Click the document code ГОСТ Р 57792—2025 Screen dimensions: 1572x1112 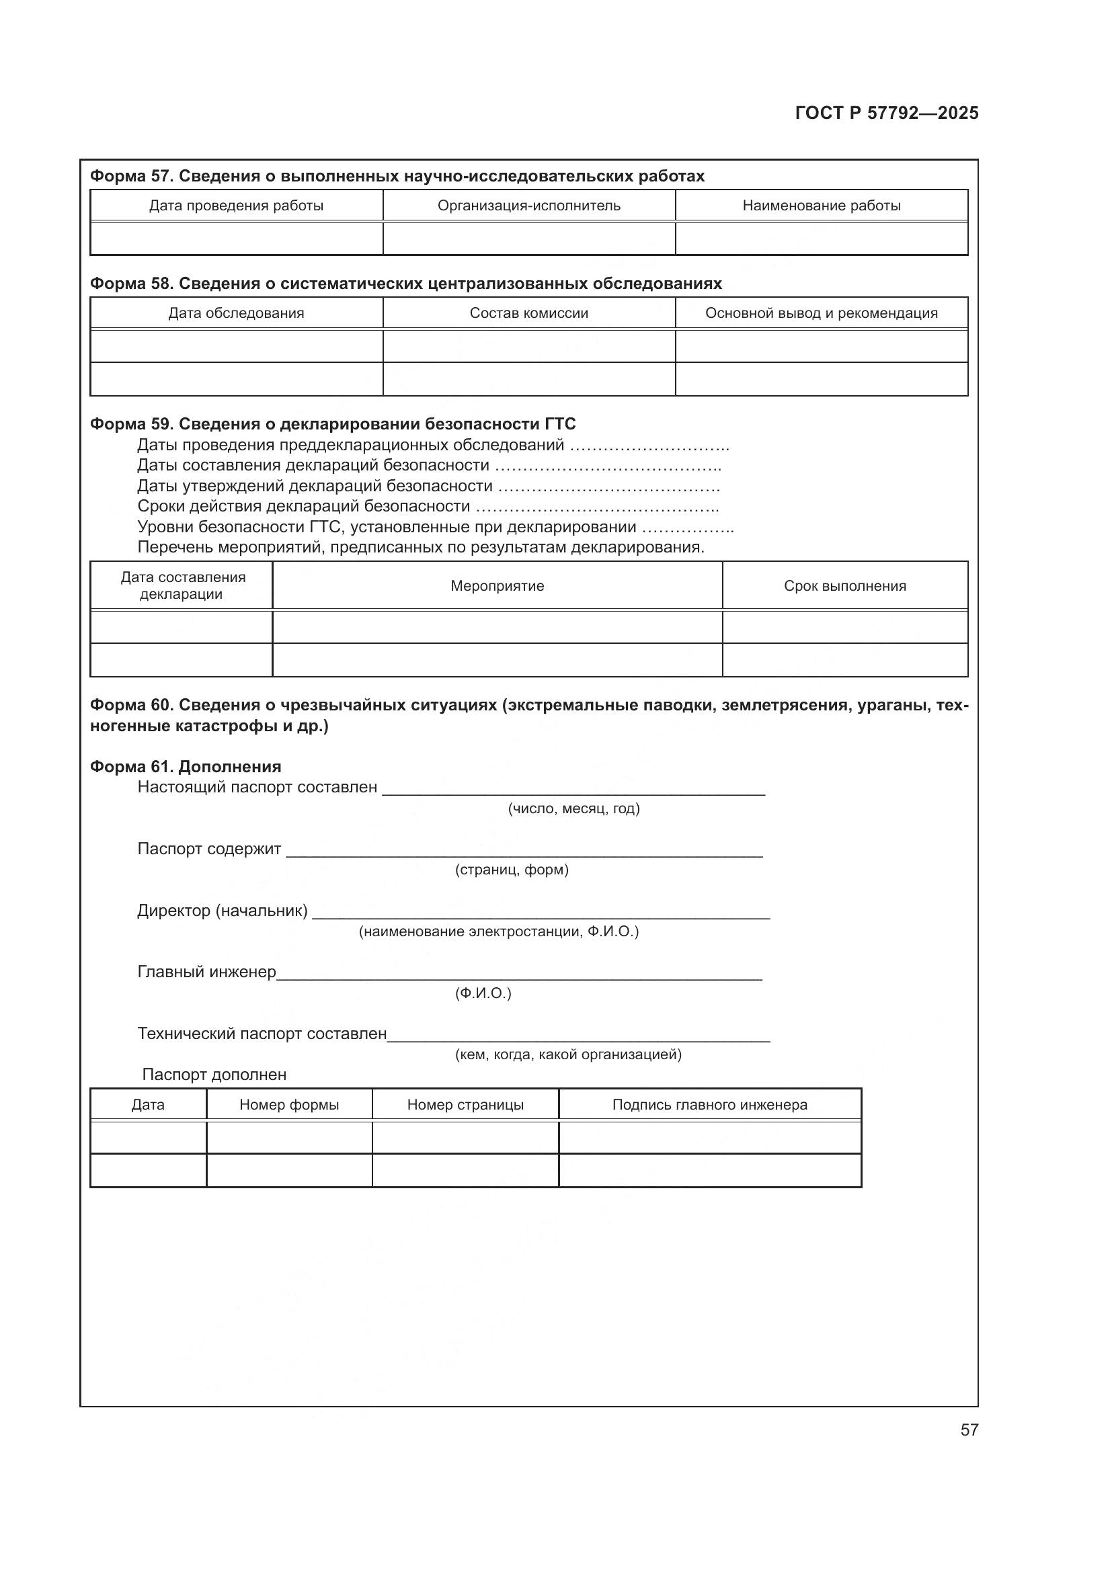pyautogui.click(x=887, y=114)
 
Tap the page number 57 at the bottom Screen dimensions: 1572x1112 pyautogui.click(x=969, y=1430)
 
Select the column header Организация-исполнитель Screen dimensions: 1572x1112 pyautogui.click(x=528, y=206)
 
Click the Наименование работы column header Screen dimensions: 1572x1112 pyautogui.click(x=821, y=206)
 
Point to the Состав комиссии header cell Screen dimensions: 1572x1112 pyautogui.click(x=528, y=313)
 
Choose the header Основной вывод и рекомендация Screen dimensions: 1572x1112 pyautogui.click(x=821, y=313)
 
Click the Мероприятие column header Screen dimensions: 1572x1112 pyautogui.click(x=497, y=586)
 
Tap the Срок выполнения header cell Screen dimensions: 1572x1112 pyautogui.click(x=845, y=586)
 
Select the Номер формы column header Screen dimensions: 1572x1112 pyautogui.click(x=289, y=1104)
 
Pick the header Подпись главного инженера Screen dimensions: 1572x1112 pyautogui.click(x=709, y=1104)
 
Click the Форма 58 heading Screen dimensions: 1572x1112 pyautogui.click(x=405, y=284)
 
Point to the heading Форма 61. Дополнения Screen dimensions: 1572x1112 pyautogui.click(x=186, y=767)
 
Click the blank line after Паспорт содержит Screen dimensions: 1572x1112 pyautogui.click(x=524, y=851)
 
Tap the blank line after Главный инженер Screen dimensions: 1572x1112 pyautogui.click(x=519, y=975)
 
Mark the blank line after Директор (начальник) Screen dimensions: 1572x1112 pyautogui.click(x=541, y=913)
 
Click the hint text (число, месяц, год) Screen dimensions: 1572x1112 pyautogui.click(x=573, y=809)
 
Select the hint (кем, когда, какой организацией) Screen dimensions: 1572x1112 pyautogui.click(x=568, y=1054)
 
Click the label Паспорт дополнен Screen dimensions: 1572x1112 pyautogui.click(x=214, y=1075)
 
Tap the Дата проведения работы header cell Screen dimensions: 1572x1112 pyautogui.click(x=236, y=206)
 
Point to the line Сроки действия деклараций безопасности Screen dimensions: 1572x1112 pyautogui.click(x=303, y=506)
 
